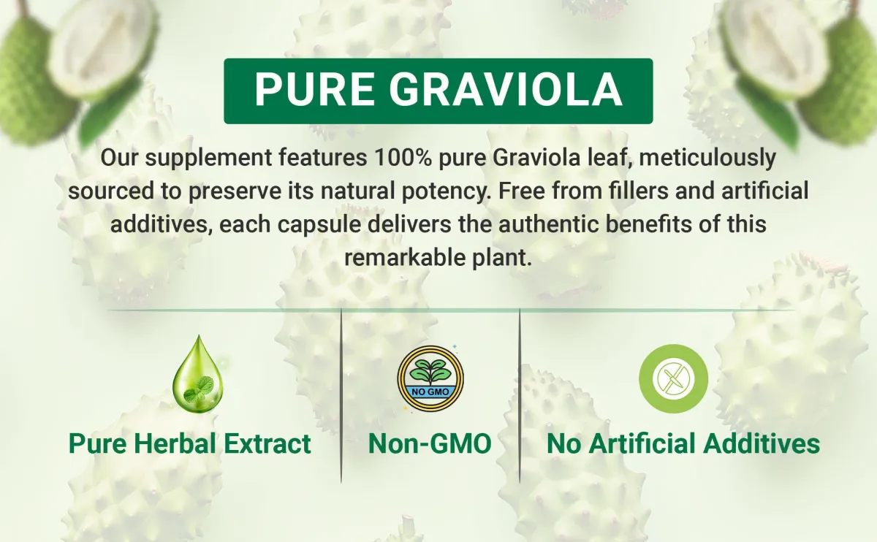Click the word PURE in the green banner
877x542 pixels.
pyautogui.click(x=314, y=89)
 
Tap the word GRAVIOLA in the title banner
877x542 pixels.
pyautogui.click(x=506, y=89)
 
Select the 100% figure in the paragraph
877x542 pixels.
pyautogui.click(x=403, y=157)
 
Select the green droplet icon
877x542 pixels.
pyautogui.click(x=198, y=374)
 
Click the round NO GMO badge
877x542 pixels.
pyautogui.click(x=430, y=378)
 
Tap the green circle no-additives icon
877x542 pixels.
pyautogui.click(x=673, y=378)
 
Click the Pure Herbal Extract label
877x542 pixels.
pyautogui.click(x=190, y=443)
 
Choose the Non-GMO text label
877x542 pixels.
pyautogui.click(x=430, y=443)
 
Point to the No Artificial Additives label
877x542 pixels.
pyautogui.click(x=683, y=443)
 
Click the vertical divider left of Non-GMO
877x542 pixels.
pyautogui.click(x=341, y=395)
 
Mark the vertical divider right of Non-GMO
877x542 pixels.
pyautogui.click(x=520, y=395)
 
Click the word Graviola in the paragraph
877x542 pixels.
pyautogui.click(x=536, y=157)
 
